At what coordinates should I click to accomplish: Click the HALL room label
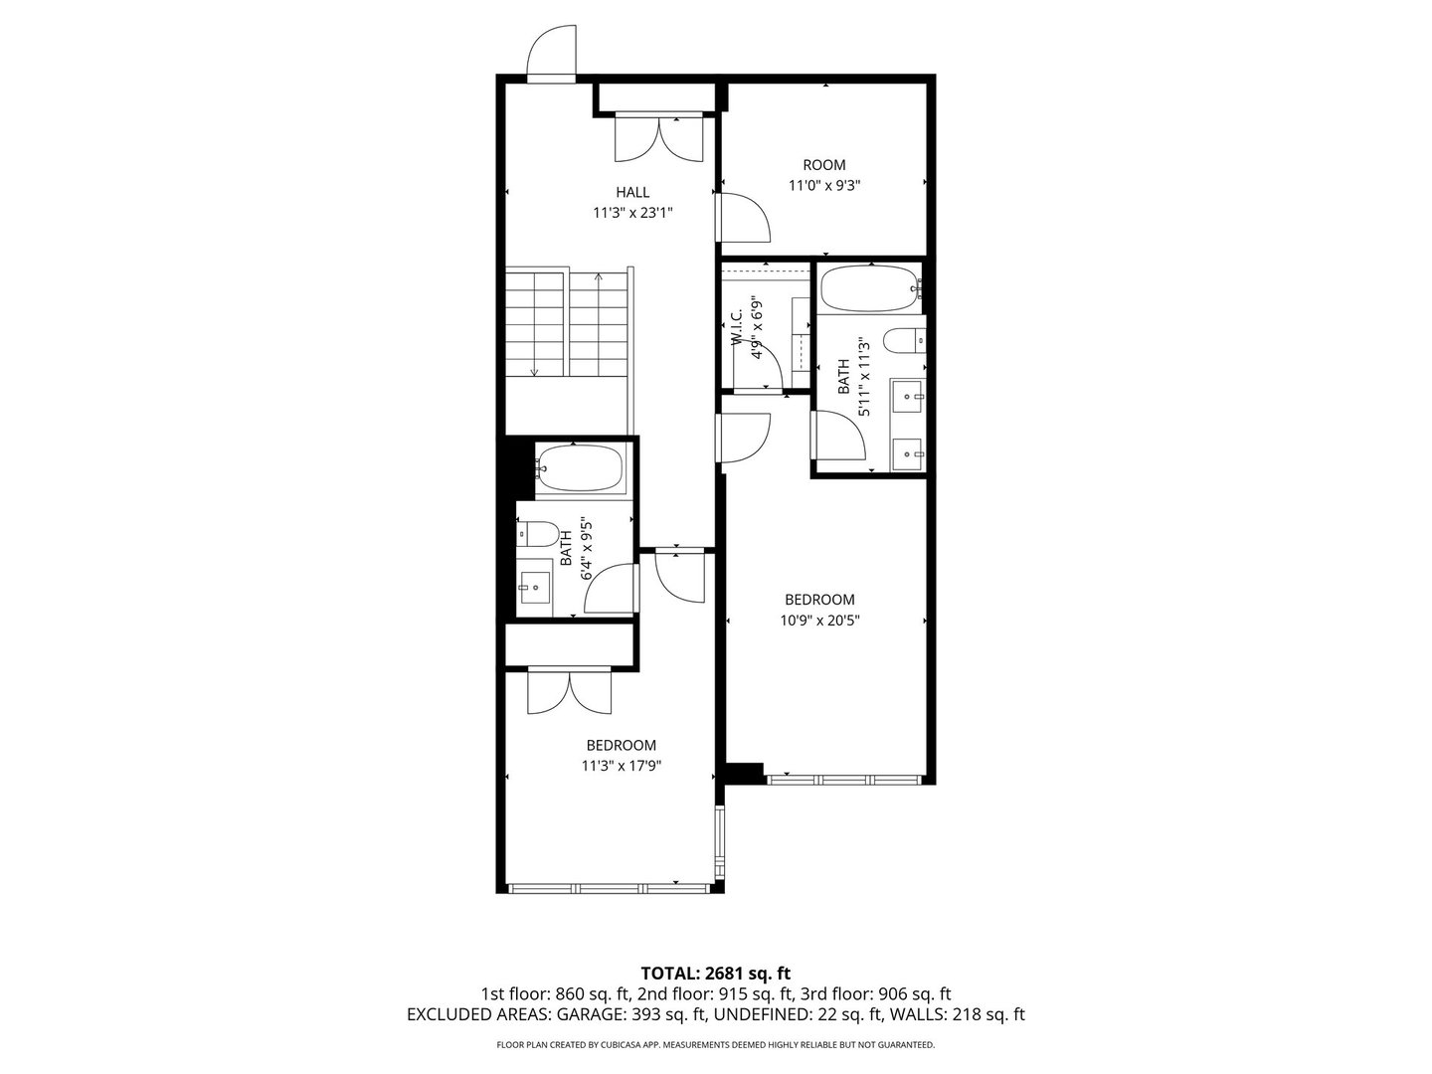click(x=632, y=192)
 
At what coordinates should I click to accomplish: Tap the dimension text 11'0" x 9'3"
click(x=823, y=185)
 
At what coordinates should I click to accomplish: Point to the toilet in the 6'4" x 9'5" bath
click(x=538, y=534)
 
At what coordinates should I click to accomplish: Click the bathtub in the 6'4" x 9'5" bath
click(x=580, y=467)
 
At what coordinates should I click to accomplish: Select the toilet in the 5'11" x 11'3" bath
click(x=904, y=340)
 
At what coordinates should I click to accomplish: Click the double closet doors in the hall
click(x=660, y=138)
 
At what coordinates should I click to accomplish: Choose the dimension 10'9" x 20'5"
click(x=819, y=621)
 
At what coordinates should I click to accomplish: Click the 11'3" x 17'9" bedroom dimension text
click(x=622, y=766)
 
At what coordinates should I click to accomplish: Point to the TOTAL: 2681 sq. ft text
click(x=715, y=973)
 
